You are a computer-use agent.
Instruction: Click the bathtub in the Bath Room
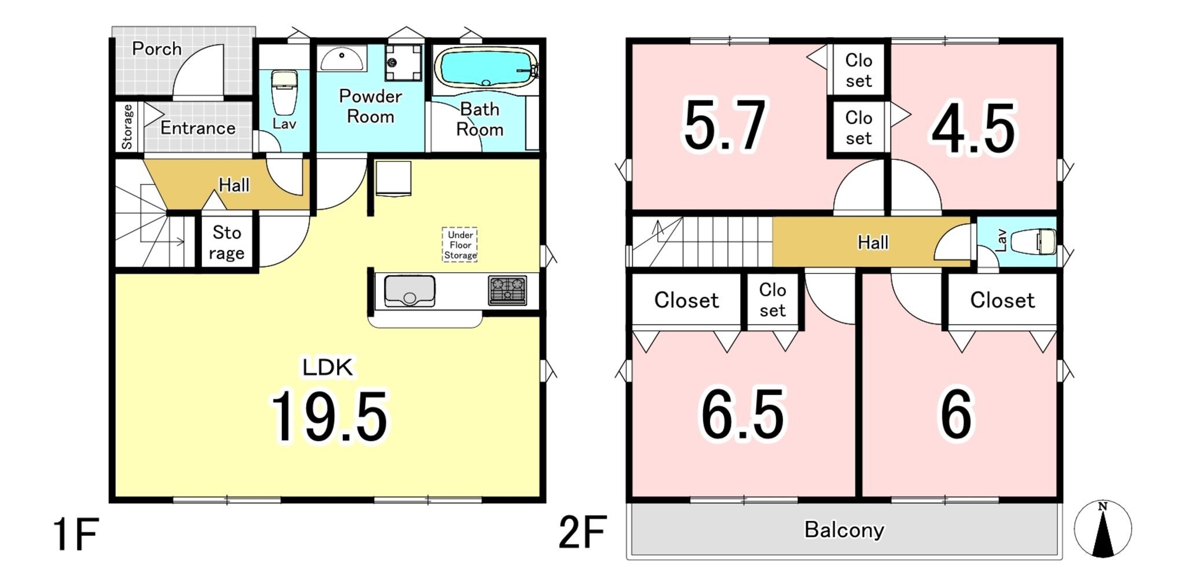(x=486, y=67)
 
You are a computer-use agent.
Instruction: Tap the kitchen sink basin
(x=409, y=291)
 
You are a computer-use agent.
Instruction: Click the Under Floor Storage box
(x=460, y=244)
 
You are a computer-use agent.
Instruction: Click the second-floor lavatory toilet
(x=1034, y=241)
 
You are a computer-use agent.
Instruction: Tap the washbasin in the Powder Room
(x=342, y=58)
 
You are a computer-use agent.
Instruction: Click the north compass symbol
(x=1103, y=529)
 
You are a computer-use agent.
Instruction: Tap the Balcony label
(x=844, y=530)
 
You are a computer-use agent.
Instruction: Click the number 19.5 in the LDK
(x=328, y=417)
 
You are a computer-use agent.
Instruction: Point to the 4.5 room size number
(x=973, y=128)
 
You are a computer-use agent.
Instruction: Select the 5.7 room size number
(x=725, y=125)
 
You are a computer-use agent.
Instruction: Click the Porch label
(x=156, y=49)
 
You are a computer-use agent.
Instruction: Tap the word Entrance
(x=198, y=128)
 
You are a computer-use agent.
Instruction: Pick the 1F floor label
(x=75, y=534)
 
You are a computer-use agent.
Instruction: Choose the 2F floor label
(x=583, y=532)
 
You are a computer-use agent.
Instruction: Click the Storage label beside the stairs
(x=226, y=243)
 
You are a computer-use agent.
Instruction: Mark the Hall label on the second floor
(x=873, y=242)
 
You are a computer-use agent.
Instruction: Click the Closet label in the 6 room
(x=1002, y=300)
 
